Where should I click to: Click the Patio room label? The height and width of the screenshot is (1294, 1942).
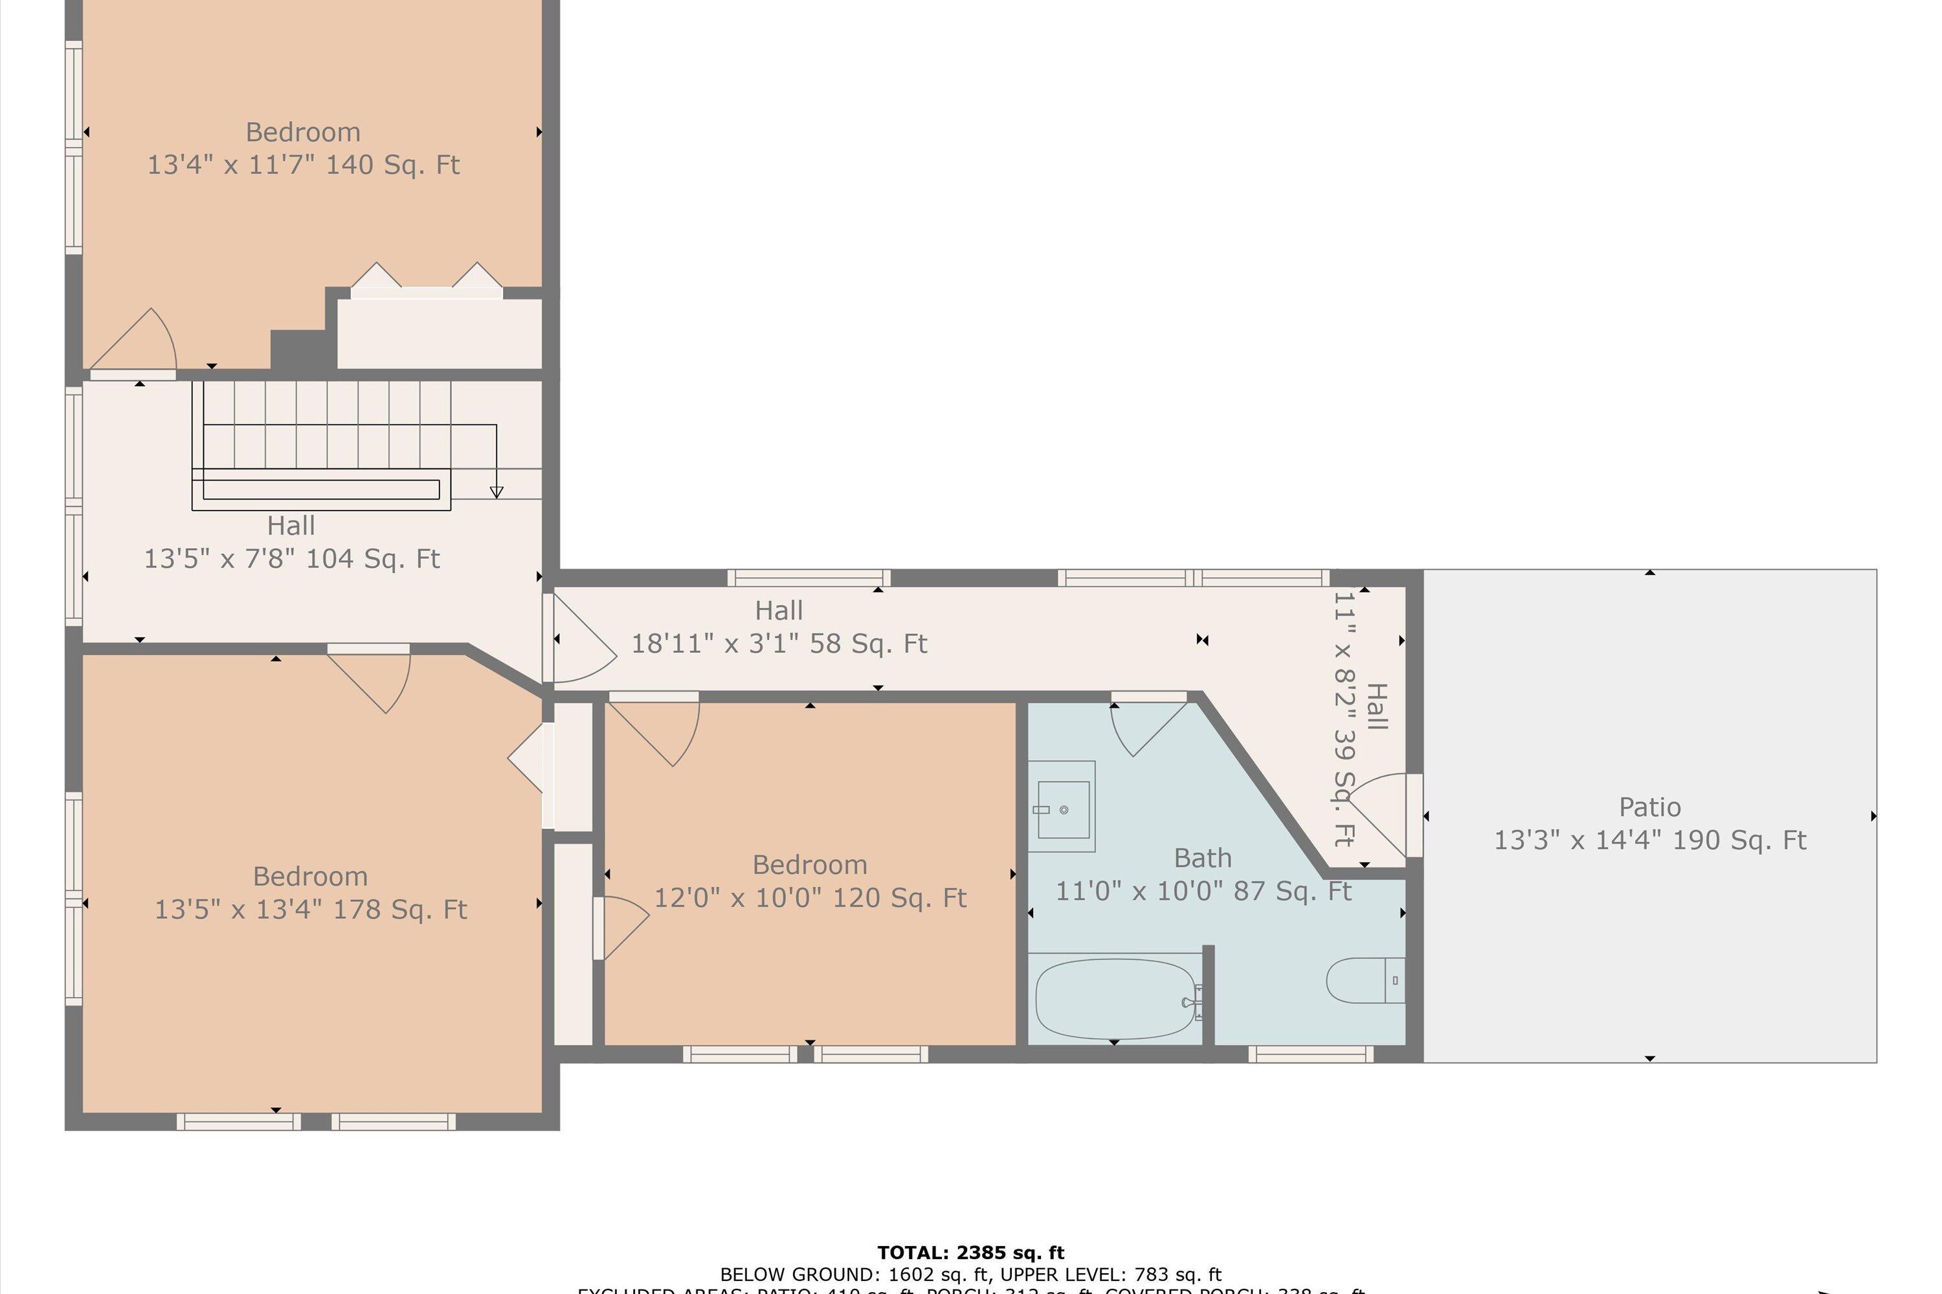tap(1649, 807)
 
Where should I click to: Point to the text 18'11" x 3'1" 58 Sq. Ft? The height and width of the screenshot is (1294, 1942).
tap(779, 644)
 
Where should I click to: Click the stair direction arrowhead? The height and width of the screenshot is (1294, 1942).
tap(497, 492)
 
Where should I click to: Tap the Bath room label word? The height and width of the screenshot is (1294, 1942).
tap(1202, 859)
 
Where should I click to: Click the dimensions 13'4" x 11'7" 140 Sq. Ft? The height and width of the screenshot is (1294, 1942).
tap(303, 165)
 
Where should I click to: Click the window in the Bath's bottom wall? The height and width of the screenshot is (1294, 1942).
tap(1310, 1054)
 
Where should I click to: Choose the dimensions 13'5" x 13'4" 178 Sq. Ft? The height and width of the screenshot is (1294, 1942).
tap(311, 910)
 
